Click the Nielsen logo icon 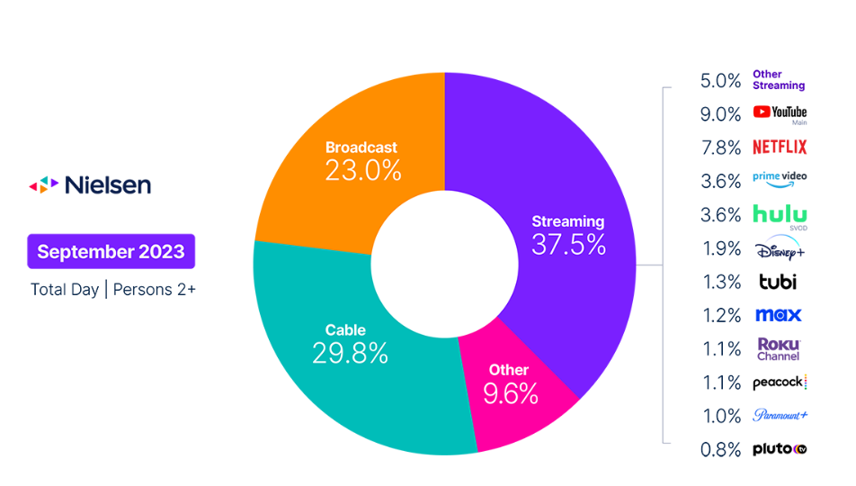[44, 185]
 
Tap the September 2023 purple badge [111, 251]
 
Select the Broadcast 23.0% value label [361, 169]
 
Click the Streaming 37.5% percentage [568, 244]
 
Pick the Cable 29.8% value [350, 353]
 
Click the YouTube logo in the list [780, 113]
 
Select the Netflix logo [780, 147]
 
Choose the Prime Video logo [780, 179]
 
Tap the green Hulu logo [780, 215]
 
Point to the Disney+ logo [780, 247]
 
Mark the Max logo [779, 315]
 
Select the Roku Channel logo [779, 349]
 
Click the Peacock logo [780, 382]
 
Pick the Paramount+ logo [780, 416]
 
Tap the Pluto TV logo [780, 448]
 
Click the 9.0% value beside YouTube [721, 114]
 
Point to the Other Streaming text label [779, 80]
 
